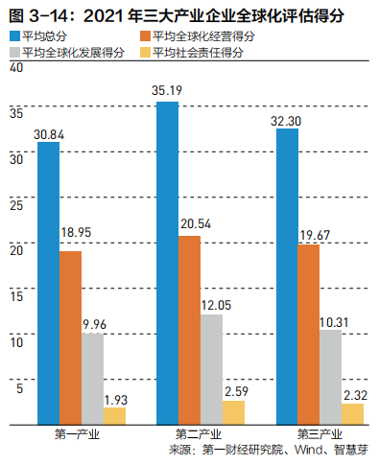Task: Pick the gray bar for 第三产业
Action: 330,376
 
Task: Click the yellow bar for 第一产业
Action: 115,415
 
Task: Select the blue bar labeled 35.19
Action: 167,264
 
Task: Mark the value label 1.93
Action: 116,398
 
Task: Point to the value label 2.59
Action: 235,390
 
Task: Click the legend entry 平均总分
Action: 44,35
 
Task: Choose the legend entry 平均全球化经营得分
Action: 191,35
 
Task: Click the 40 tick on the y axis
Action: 13,69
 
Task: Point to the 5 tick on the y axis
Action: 16,386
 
